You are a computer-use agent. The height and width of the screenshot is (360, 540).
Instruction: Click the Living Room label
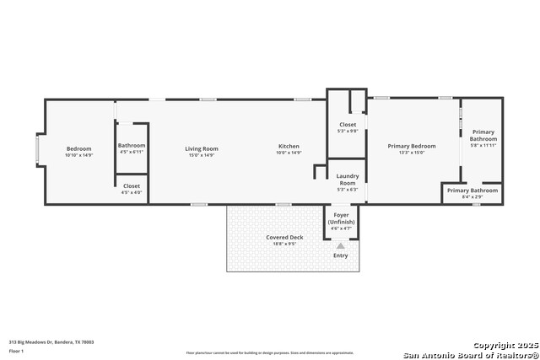point(202,148)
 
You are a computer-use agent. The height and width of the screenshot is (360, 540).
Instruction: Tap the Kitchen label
point(289,146)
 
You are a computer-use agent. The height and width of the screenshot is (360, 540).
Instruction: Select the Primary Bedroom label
point(412,146)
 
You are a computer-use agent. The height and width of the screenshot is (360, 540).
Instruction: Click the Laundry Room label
point(348,178)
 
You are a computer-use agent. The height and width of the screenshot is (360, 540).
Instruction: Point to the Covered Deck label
point(284,238)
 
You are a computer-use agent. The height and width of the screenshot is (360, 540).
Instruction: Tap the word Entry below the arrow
point(341,255)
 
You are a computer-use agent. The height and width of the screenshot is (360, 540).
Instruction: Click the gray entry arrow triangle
point(341,245)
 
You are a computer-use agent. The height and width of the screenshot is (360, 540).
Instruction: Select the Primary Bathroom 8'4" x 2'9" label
point(472,191)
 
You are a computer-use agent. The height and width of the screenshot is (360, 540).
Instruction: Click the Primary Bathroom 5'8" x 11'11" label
point(483,135)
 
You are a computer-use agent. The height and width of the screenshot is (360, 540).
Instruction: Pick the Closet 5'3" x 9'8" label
point(348,125)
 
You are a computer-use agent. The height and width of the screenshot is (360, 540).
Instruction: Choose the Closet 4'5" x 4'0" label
point(132,185)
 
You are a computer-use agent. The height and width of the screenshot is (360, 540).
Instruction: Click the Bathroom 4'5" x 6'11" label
point(132,145)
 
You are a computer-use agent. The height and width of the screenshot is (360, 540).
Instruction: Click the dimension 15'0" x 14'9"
point(202,155)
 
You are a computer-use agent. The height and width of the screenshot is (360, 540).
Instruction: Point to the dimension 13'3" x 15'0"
point(412,153)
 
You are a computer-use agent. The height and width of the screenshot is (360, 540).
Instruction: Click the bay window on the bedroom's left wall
point(36,150)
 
